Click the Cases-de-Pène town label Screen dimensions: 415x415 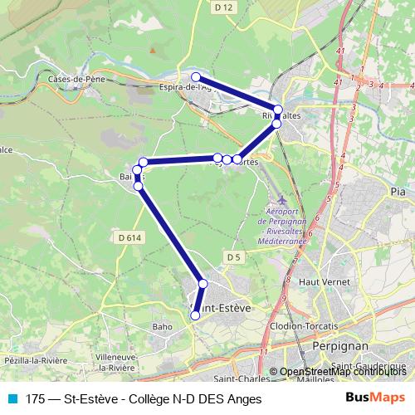(75, 79)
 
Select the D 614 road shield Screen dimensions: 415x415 (129, 238)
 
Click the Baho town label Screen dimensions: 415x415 (163, 327)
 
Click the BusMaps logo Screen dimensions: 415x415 (374, 398)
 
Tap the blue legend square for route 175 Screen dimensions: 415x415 (11, 398)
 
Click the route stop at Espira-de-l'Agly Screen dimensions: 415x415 (196, 77)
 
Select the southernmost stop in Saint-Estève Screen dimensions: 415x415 (196, 315)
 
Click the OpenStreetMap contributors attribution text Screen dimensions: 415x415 (343, 373)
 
